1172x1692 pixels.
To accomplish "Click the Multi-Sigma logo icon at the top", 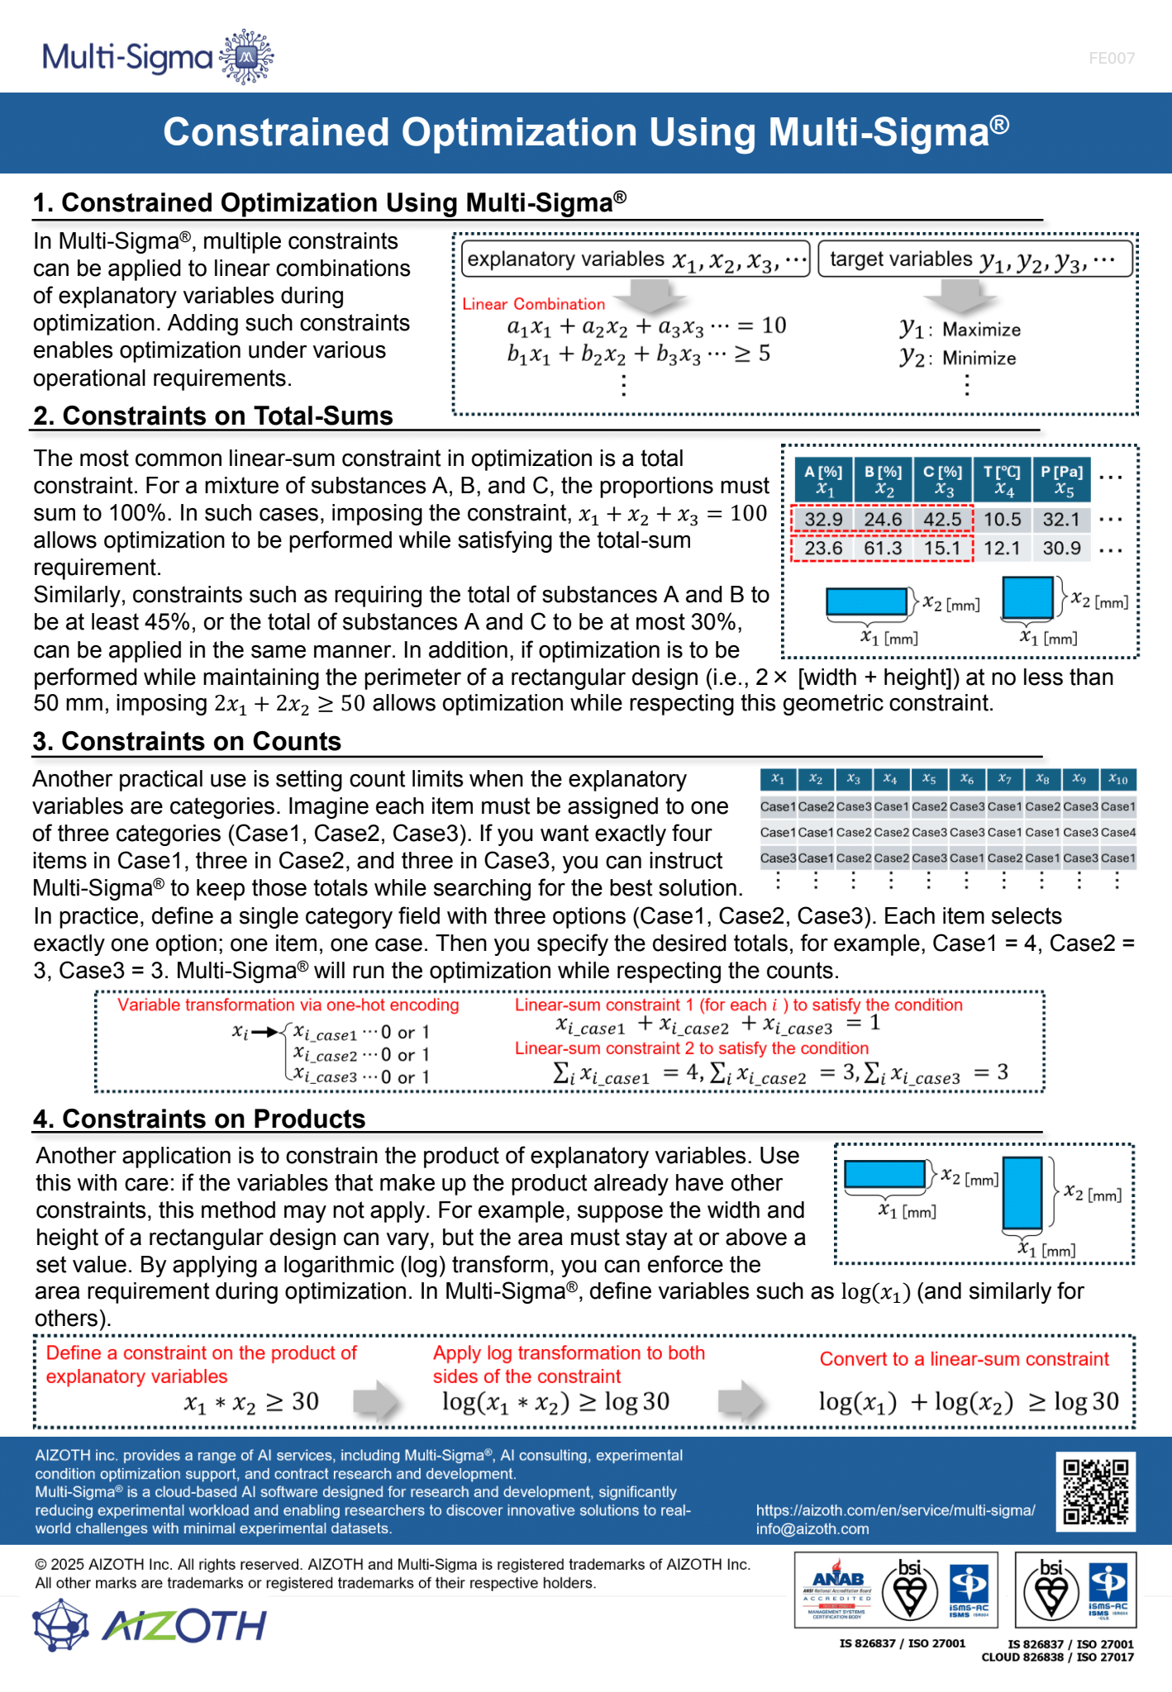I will tap(246, 56).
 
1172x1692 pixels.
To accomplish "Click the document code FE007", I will tap(1111, 59).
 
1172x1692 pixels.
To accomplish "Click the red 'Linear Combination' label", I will tap(533, 304).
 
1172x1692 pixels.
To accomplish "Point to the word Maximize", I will tap(981, 330).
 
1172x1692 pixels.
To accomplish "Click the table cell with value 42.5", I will tap(942, 520).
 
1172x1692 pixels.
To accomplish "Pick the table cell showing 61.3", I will tap(883, 549).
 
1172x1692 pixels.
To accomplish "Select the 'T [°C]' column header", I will tap(1002, 480).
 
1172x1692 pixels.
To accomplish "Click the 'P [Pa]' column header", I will tap(1061, 480).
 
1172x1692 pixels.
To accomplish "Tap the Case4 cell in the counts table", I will tap(1118, 833).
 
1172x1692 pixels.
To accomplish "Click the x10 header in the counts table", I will tap(1117, 779).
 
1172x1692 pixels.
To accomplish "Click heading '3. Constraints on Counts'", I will tap(187, 741).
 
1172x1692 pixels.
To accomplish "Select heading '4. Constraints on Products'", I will tap(199, 1119).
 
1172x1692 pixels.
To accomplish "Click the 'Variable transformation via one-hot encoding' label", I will tap(288, 1005).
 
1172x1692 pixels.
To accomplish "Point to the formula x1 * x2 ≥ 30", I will tap(251, 1402).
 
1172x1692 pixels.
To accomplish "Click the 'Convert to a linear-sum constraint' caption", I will tap(964, 1359).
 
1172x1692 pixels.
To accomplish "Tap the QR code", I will tap(1095, 1491).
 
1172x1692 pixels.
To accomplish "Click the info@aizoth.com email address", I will tap(812, 1528).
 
